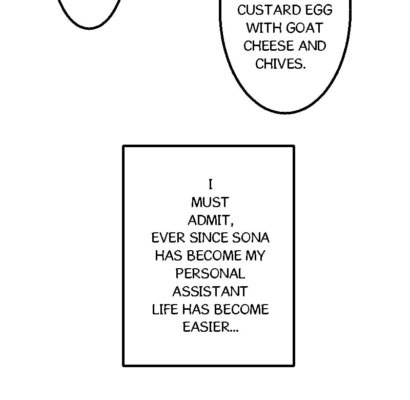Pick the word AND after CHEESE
[312, 46]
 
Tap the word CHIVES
[278, 64]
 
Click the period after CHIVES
[304, 67]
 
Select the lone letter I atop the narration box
[210, 184]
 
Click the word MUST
[210, 202]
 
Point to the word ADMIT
[209, 220]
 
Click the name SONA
[251, 238]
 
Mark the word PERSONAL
[210, 274]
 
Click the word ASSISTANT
[210, 292]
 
